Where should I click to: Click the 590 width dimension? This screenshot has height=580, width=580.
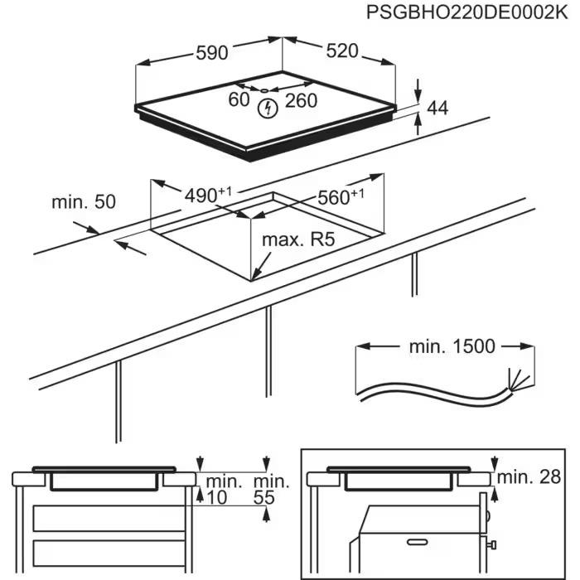point(211,52)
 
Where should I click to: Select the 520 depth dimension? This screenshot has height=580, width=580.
point(341,51)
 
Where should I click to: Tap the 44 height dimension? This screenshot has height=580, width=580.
point(437,108)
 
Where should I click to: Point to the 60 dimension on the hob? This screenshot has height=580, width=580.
point(239,100)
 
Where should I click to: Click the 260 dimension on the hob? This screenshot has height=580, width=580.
point(301,101)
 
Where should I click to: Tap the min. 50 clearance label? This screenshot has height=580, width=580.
point(83,201)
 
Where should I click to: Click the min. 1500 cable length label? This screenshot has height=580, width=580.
point(451,346)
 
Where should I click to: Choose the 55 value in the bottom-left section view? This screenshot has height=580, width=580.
point(264,497)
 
